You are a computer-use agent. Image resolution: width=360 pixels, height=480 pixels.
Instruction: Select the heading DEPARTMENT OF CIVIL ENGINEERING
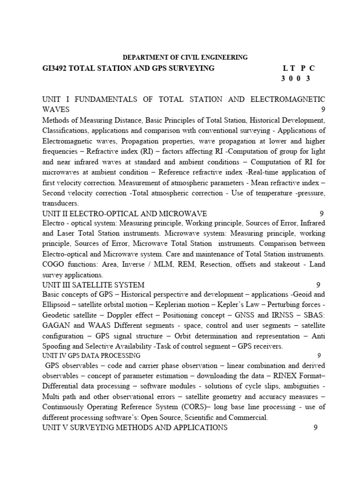click(x=185, y=57)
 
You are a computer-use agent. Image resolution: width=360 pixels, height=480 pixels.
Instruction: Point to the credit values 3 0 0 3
click(x=295, y=79)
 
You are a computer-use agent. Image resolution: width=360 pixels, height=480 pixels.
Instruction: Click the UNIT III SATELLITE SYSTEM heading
click(x=93, y=285)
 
